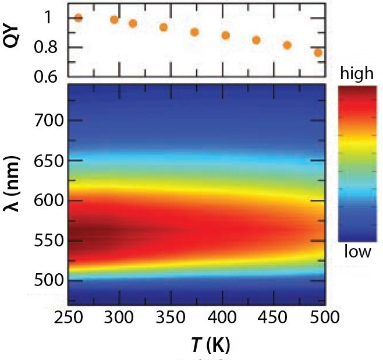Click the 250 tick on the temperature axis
tap(69, 318)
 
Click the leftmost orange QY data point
tap(78, 17)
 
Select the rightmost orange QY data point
tap(318, 53)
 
